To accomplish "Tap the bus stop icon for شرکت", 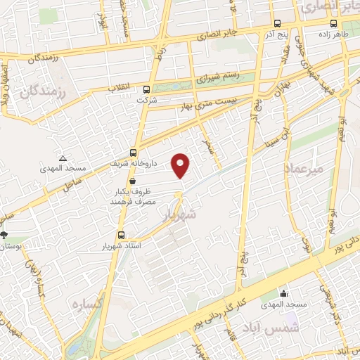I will coord(146,89).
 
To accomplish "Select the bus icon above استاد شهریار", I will coord(122,235).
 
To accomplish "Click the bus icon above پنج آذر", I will coord(276,22).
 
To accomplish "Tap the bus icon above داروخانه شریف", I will coord(134,153).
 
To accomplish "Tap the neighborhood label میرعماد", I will coord(303,169).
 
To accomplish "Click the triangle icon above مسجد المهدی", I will coord(63,159).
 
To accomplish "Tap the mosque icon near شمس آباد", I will coord(283,293).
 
